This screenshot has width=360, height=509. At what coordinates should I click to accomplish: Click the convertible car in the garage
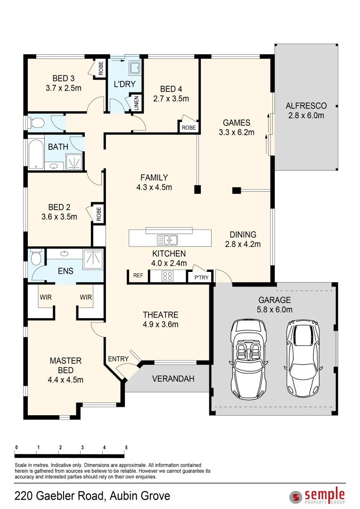(x=247, y=359)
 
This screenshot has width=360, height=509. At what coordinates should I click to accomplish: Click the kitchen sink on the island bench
(x=167, y=240)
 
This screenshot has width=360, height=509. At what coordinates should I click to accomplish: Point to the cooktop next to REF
(x=168, y=276)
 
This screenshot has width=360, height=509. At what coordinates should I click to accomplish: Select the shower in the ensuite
(x=93, y=259)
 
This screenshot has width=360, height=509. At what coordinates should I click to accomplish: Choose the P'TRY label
(x=201, y=278)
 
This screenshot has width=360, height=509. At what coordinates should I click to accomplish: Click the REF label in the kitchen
(x=138, y=276)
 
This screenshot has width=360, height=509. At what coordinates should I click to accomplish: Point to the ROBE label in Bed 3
(x=101, y=69)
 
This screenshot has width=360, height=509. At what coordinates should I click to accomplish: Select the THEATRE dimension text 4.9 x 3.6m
(x=160, y=324)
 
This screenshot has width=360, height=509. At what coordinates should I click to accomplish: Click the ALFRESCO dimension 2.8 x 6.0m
(x=306, y=115)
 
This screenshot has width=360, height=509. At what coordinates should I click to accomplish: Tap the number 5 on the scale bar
(x=126, y=447)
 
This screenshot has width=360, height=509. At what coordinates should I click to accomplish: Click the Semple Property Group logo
(x=317, y=496)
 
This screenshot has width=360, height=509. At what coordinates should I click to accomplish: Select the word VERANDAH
(x=173, y=378)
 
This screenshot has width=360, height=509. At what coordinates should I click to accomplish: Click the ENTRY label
(x=118, y=359)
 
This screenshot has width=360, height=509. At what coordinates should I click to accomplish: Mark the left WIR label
(x=46, y=297)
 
